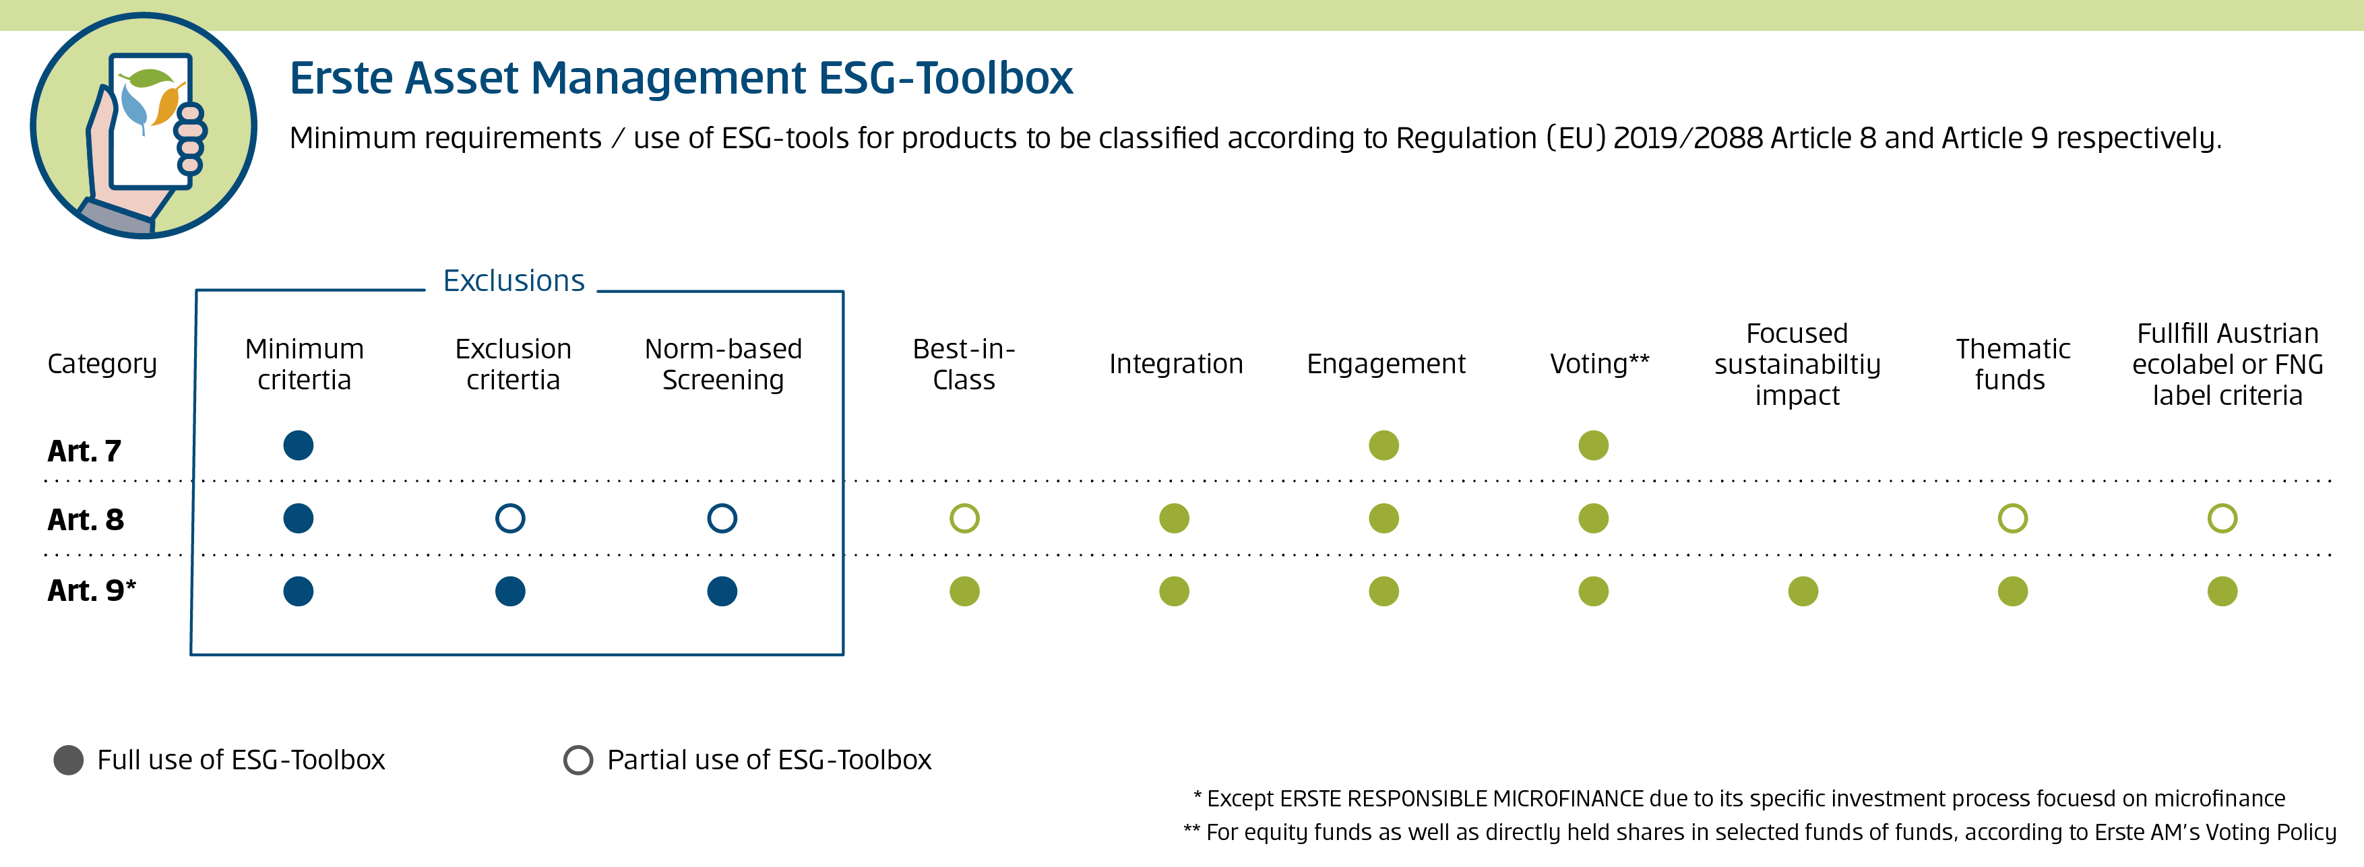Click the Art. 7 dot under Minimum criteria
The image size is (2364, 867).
pyautogui.click(x=299, y=445)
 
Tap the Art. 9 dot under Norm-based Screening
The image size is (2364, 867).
pyautogui.click(x=722, y=591)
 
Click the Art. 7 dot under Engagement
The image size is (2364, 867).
pyautogui.click(x=1384, y=445)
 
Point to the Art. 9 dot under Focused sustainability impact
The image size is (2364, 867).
pyautogui.click(x=1803, y=591)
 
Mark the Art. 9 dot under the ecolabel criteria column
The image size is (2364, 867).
pyautogui.click(x=2222, y=591)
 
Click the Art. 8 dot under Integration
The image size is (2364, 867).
pyautogui.click(x=1175, y=518)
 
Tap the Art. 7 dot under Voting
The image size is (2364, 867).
pyautogui.click(x=1594, y=445)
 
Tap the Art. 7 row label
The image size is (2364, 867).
pyautogui.click(x=84, y=451)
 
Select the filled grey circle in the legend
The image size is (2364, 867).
pyautogui.click(x=69, y=760)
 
